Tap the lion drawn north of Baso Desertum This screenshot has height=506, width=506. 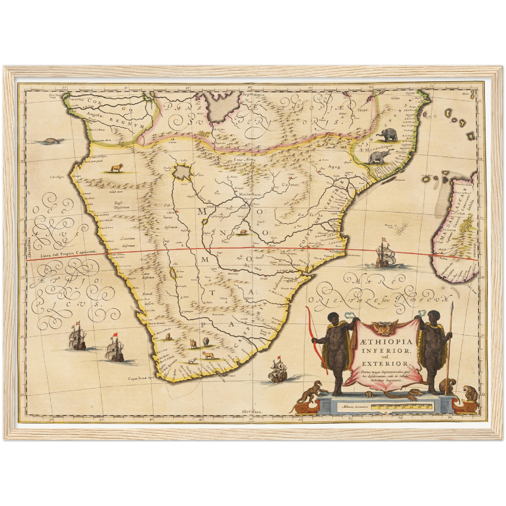coord(116,169)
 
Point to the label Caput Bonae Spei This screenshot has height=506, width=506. coord(141,378)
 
